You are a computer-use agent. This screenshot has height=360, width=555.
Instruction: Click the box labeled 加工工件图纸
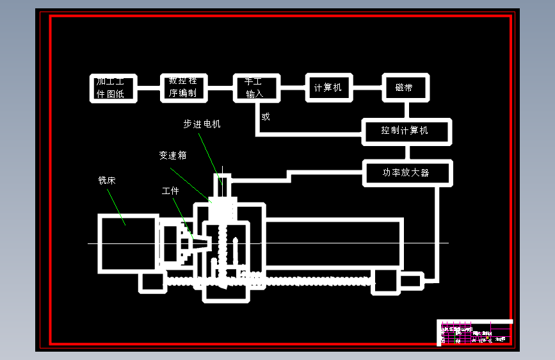(x=115, y=88)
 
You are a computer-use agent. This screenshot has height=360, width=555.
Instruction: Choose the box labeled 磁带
(x=405, y=88)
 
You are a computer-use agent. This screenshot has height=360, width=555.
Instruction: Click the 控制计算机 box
(x=406, y=131)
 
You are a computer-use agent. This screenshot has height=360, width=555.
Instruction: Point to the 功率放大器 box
(x=407, y=173)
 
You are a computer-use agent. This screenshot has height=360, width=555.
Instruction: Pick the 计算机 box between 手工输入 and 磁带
(x=328, y=88)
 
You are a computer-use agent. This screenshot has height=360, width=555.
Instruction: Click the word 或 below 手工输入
(x=266, y=117)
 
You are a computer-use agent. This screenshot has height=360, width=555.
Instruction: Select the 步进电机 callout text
(x=202, y=124)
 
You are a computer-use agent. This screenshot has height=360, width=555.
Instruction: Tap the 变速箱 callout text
(x=173, y=156)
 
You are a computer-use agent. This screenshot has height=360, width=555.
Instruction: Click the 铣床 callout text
(x=107, y=181)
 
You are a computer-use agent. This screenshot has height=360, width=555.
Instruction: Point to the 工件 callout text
(x=170, y=191)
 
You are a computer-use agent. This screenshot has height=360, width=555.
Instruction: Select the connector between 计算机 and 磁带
(x=367, y=88)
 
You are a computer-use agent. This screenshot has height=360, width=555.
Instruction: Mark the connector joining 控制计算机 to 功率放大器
(x=406, y=152)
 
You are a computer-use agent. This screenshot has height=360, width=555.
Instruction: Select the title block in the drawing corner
(x=474, y=332)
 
